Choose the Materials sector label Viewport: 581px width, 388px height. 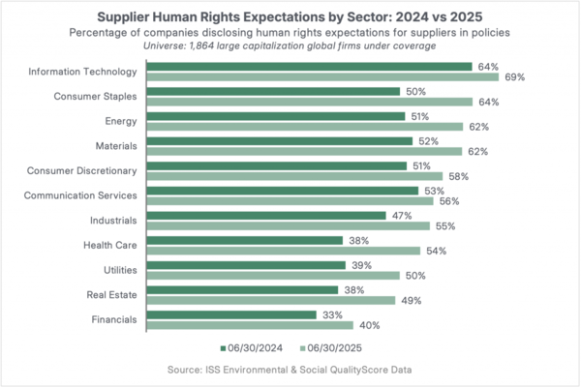[x=113, y=146]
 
